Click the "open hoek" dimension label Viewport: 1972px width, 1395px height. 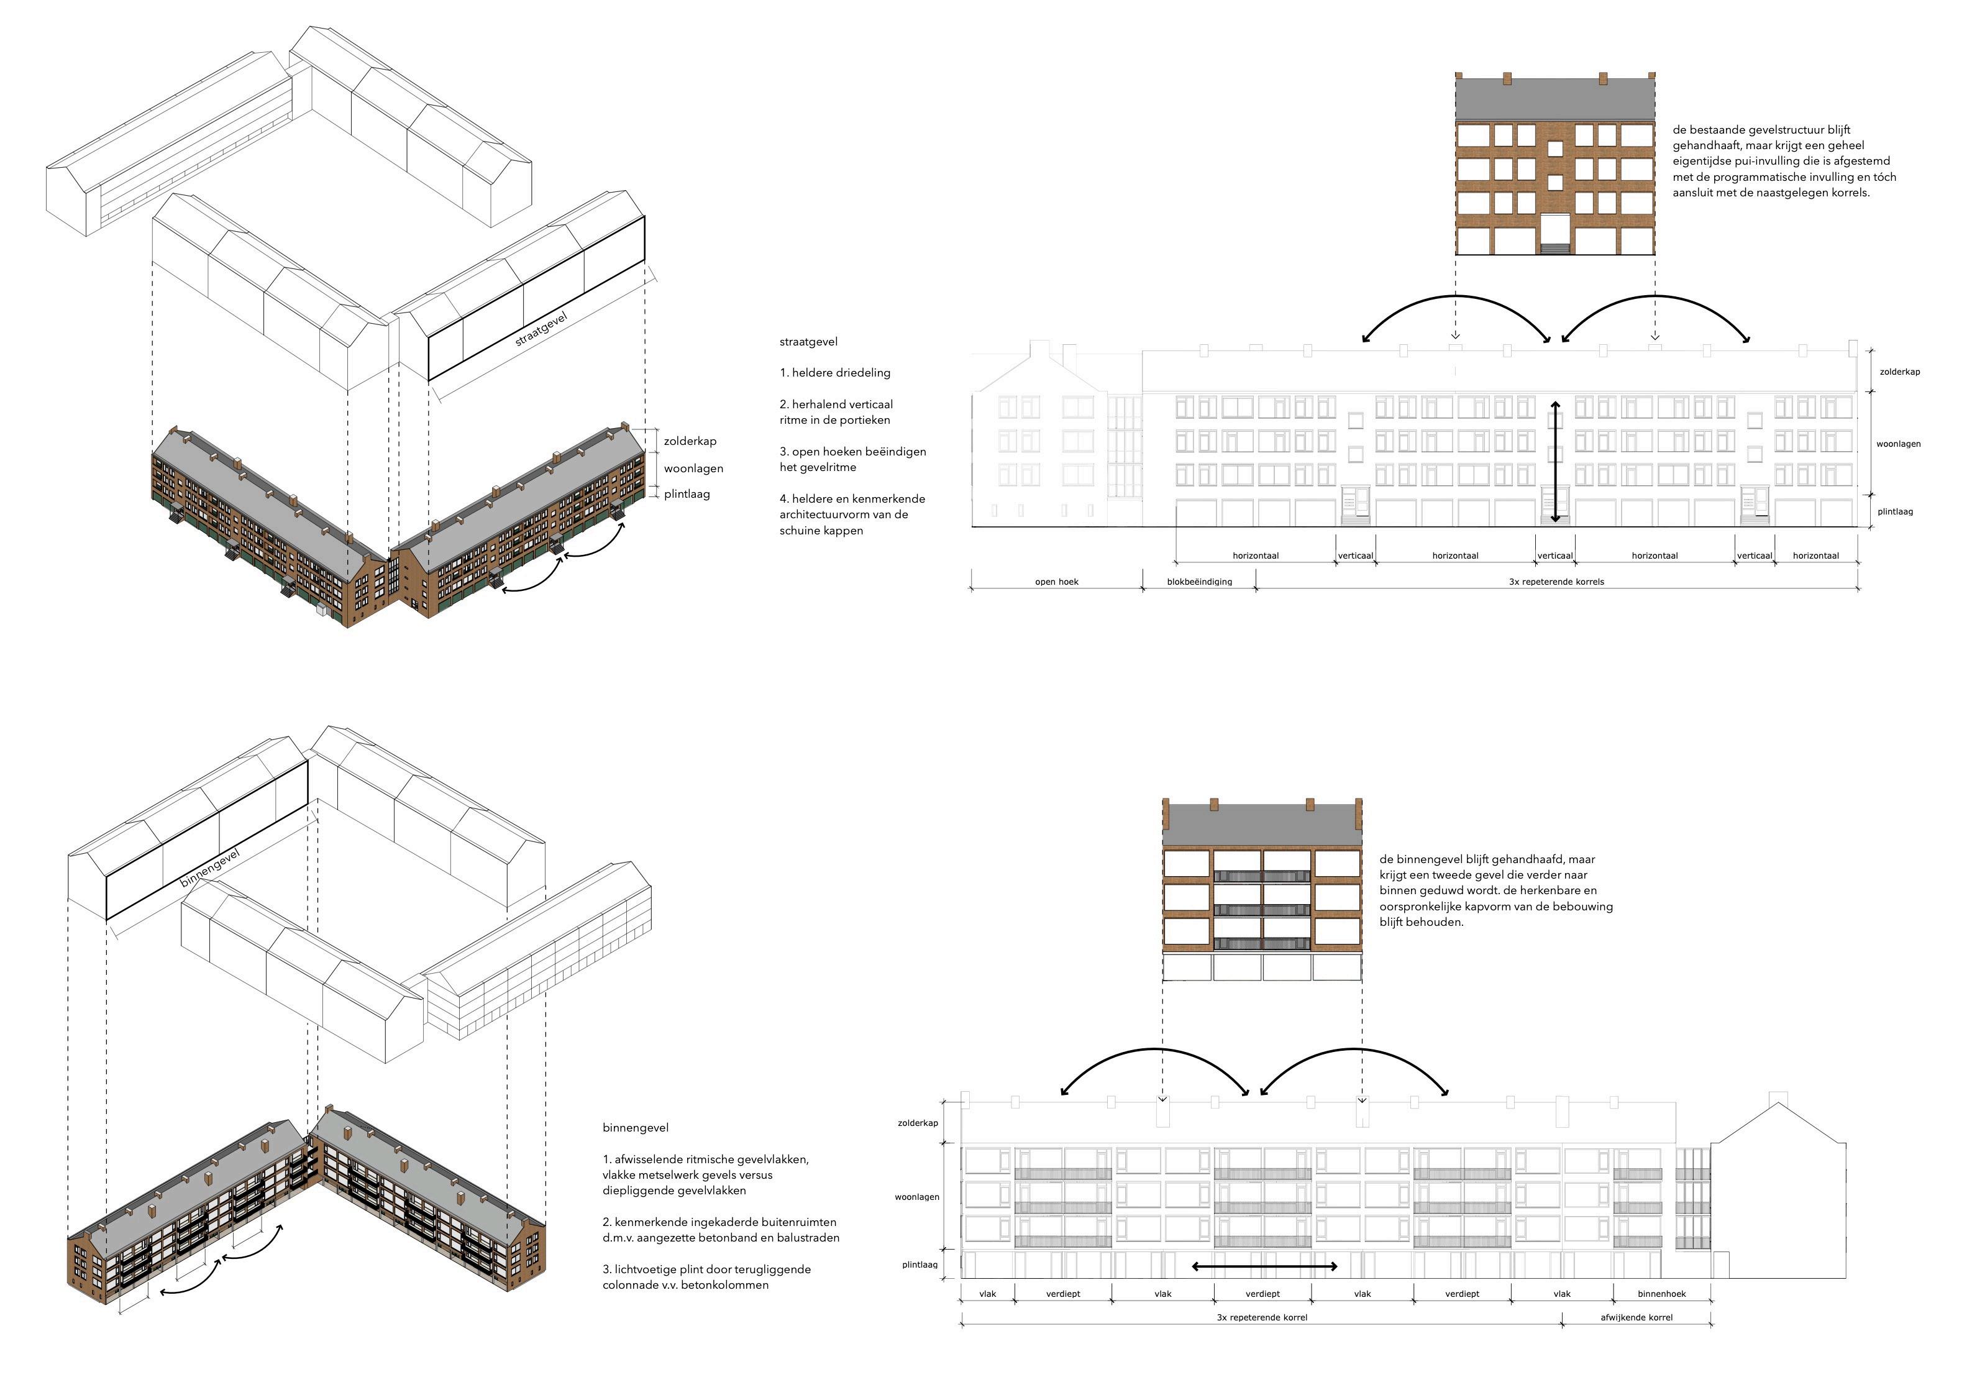1056,582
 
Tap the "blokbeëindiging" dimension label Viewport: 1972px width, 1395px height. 1199,582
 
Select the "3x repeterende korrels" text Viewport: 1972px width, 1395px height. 1556,582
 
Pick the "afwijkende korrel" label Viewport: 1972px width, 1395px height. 1636,1317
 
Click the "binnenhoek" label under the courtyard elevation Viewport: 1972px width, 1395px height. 1661,1294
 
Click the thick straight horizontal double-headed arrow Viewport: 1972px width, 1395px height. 1264,1266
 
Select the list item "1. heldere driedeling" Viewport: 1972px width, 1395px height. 835,373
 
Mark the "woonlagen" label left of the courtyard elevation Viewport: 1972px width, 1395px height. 916,1197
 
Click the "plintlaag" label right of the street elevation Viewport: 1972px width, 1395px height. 1895,512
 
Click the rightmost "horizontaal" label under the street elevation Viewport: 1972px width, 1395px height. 1815,556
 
